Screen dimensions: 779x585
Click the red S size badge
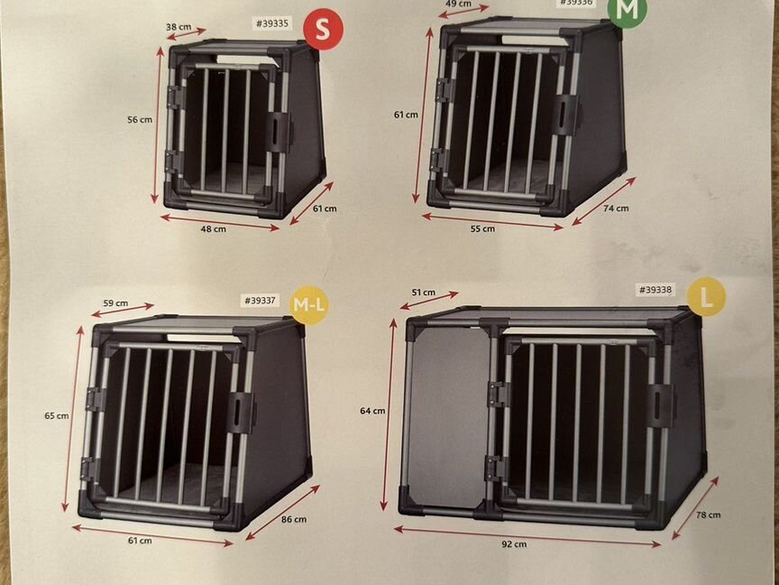324,30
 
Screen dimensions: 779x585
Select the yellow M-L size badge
309,305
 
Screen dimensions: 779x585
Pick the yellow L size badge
706,296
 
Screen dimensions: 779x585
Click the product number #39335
272,23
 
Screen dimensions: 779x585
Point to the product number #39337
261,301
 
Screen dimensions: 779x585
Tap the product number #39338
655,290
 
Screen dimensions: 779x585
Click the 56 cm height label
140,120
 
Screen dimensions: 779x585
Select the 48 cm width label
213,228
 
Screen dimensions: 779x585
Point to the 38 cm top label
179,27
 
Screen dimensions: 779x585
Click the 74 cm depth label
616,209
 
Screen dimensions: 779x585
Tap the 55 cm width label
482,228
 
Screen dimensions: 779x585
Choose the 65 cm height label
57,415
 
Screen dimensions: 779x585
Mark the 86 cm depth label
294,519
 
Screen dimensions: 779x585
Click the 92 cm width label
514,544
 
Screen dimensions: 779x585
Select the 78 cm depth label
708,515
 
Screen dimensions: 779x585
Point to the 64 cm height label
372,411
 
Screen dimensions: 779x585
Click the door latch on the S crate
279,132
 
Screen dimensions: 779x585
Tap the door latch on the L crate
661,406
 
